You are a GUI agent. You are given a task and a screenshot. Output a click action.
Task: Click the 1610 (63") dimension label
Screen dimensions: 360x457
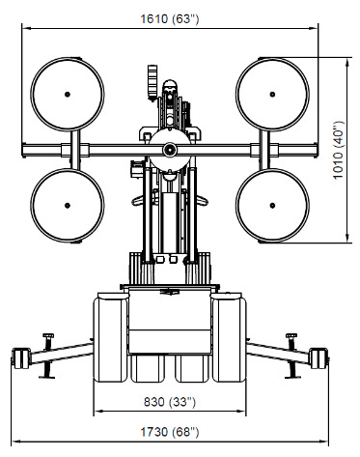pos(170,18)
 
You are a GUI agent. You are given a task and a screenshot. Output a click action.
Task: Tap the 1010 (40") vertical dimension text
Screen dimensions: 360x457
pos(338,150)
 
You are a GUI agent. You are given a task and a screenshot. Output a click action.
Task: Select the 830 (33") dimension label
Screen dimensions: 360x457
pos(170,402)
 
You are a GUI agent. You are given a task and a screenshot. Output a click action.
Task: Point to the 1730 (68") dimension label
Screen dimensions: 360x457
pos(170,432)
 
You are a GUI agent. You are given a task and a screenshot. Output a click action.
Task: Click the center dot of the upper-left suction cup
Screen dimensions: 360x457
pos(68,95)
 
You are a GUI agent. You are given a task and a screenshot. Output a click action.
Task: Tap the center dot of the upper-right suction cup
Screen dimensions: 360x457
pos(272,95)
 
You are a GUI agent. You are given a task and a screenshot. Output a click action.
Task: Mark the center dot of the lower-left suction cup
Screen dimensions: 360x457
pos(68,205)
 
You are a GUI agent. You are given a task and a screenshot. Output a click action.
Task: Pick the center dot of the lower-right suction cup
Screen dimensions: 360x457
pos(272,205)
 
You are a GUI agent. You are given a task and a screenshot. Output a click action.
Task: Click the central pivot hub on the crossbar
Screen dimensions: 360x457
pos(170,149)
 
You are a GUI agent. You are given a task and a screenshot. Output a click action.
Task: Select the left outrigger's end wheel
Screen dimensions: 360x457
pos(20,358)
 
